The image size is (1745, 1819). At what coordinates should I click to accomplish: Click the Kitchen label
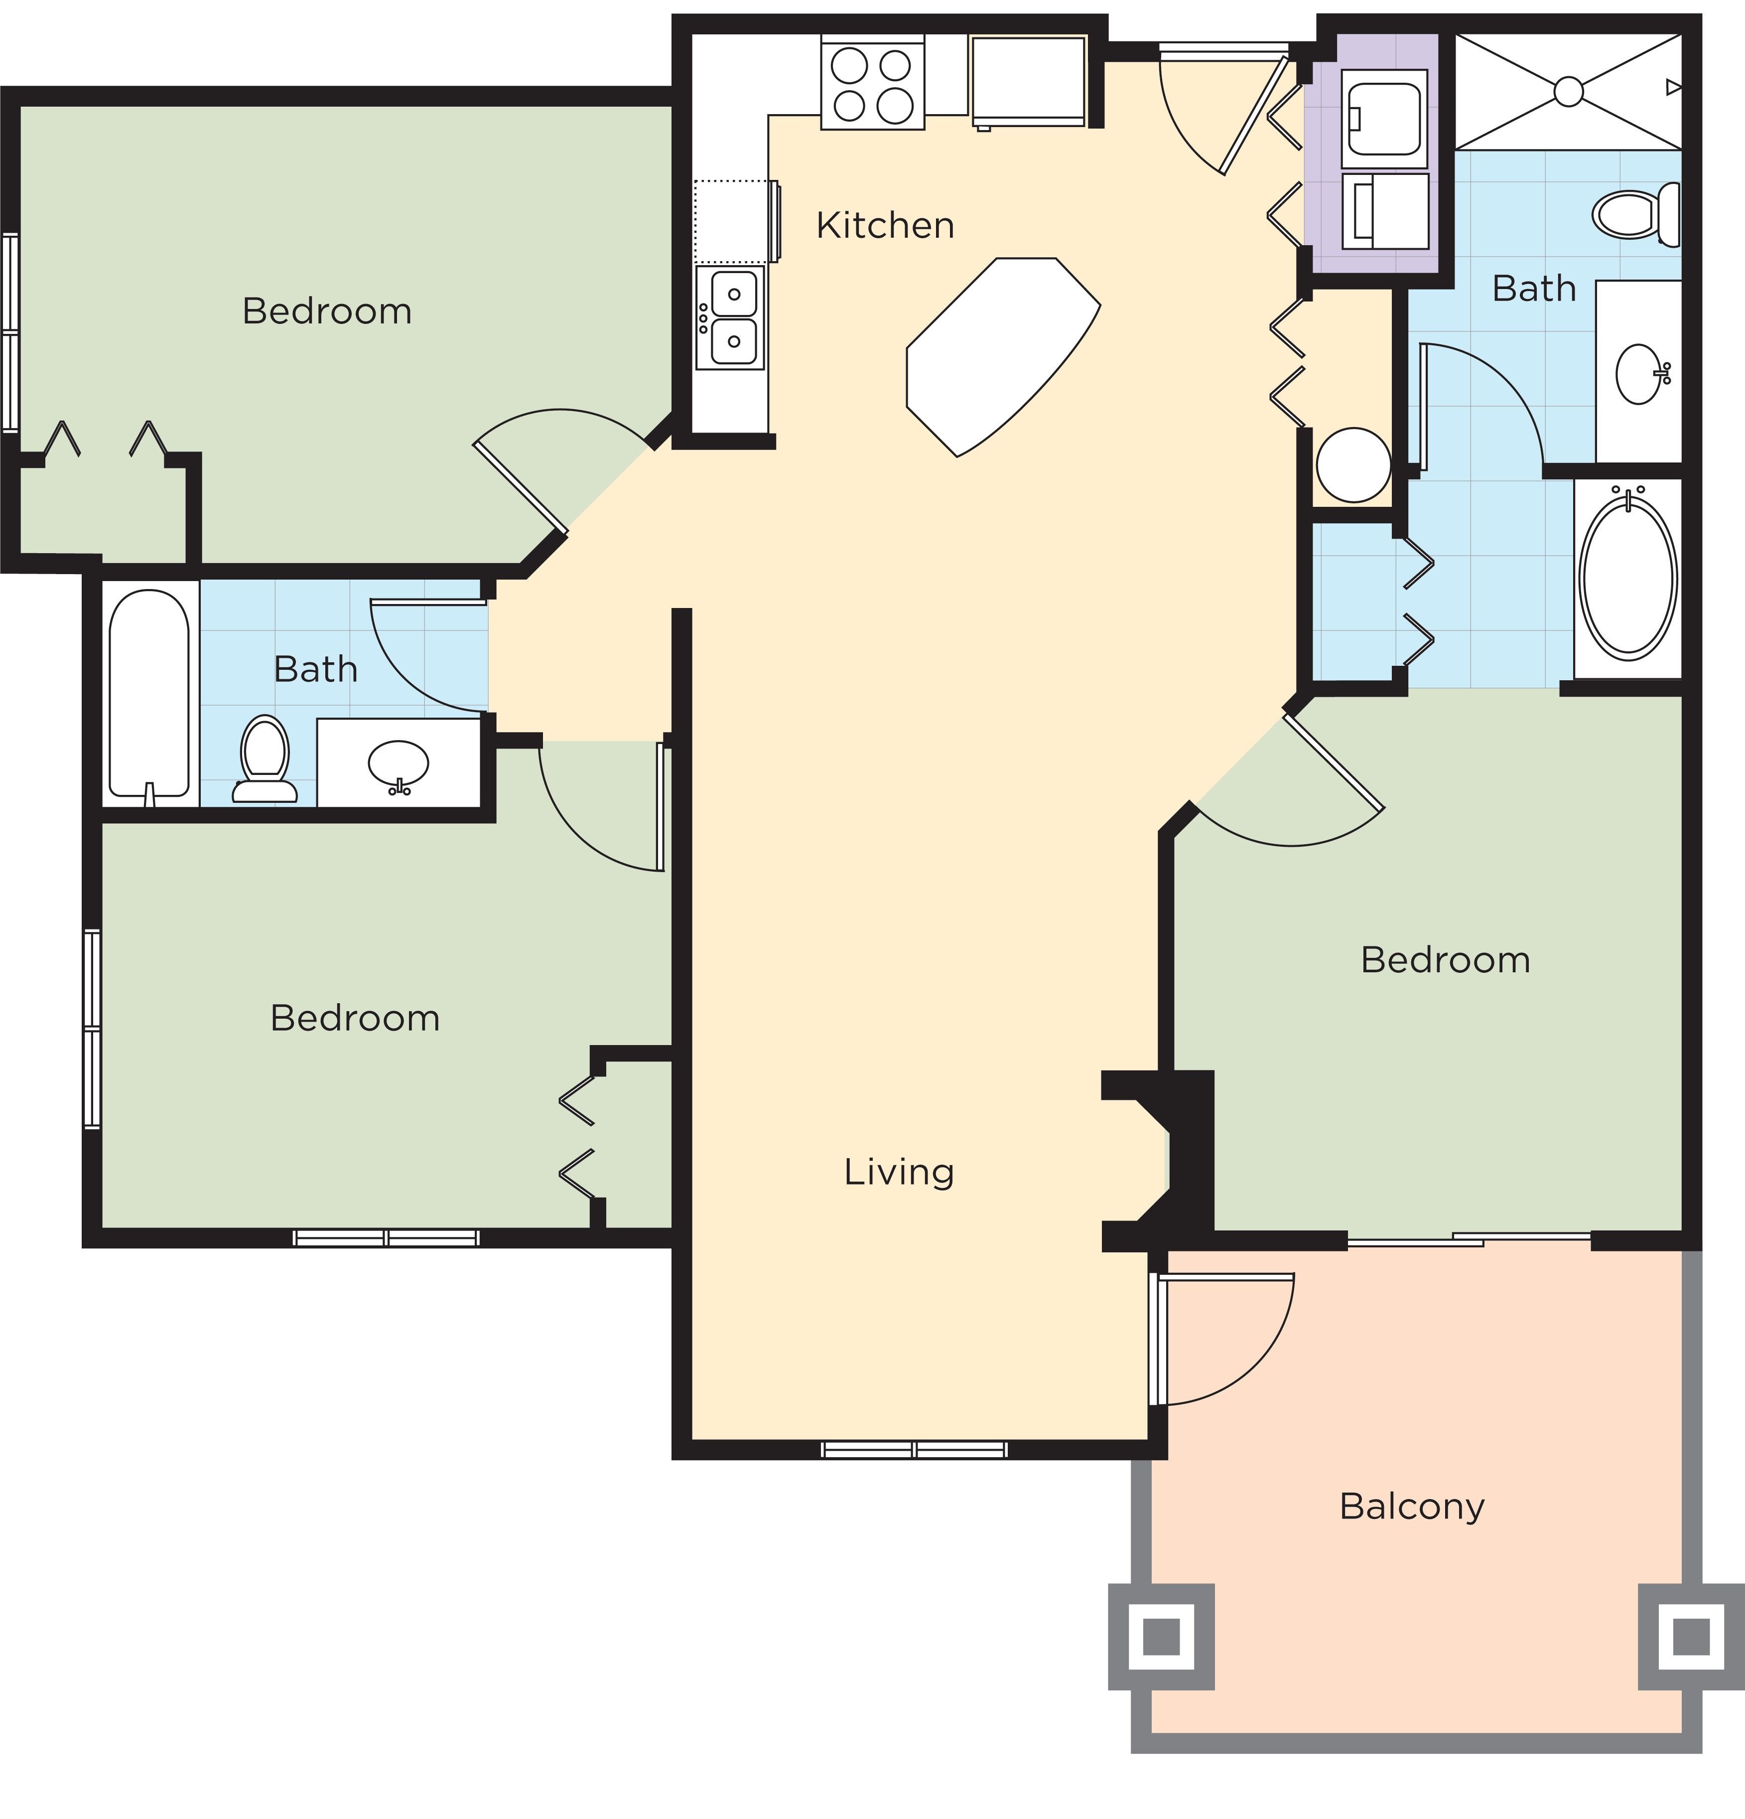885,226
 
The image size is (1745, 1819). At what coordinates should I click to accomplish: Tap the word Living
898,1172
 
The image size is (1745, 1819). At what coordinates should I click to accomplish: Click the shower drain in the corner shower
1568,91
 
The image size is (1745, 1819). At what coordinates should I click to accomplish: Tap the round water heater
1352,465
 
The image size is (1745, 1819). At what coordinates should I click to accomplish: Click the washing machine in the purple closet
1384,119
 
